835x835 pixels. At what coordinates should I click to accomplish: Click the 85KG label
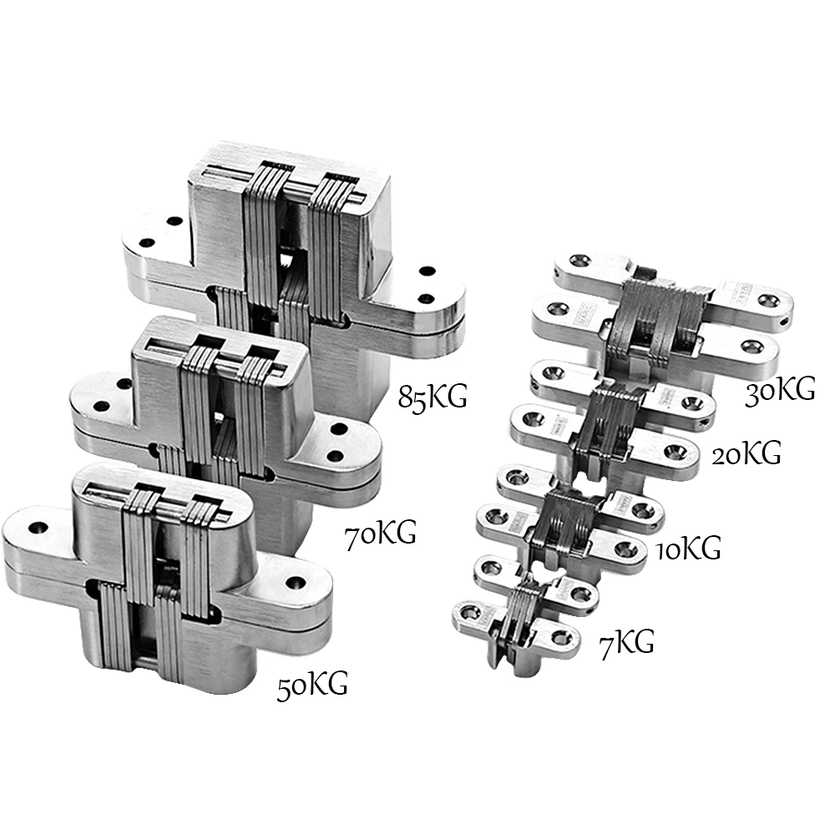(x=432, y=396)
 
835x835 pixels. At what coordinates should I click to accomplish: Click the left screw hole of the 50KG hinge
(x=39, y=528)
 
